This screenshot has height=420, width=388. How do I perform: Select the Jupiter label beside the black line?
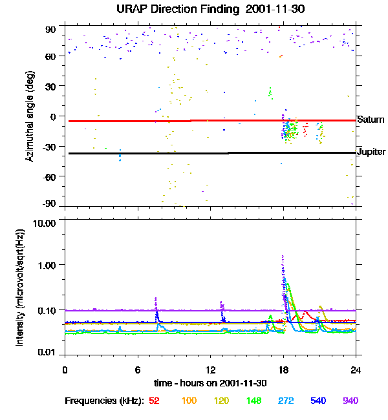click(x=371, y=152)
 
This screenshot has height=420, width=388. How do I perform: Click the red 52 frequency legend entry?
click(x=154, y=401)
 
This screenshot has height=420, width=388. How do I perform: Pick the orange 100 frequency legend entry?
click(x=189, y=401)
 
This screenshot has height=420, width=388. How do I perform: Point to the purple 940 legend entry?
click(x=350, y=401)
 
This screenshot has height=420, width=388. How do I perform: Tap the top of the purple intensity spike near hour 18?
click(x=283, y=256)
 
